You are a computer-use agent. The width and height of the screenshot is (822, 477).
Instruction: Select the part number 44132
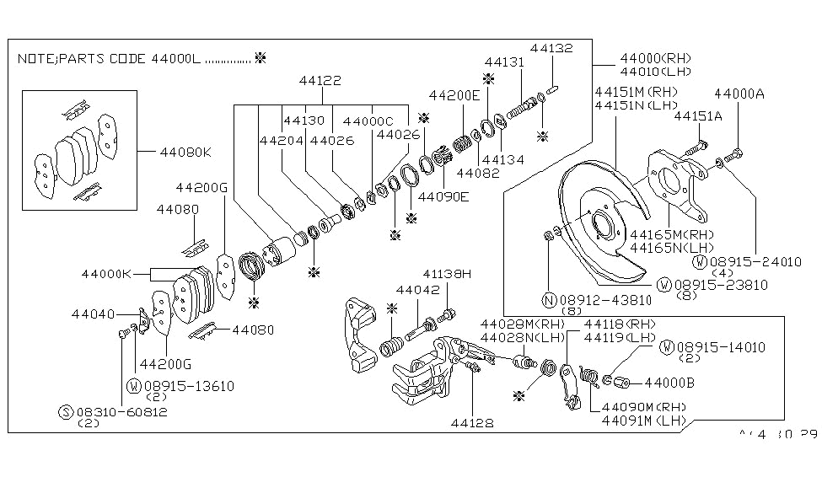pos(551,48)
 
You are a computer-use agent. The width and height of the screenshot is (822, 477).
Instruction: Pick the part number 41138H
pos(447,274)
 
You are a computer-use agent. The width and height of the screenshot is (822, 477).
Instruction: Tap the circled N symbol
pos(548,299)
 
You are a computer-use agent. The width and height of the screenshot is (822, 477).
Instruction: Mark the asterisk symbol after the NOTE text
pos(260,59)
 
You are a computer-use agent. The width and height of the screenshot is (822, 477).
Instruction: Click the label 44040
pos(92,314)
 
